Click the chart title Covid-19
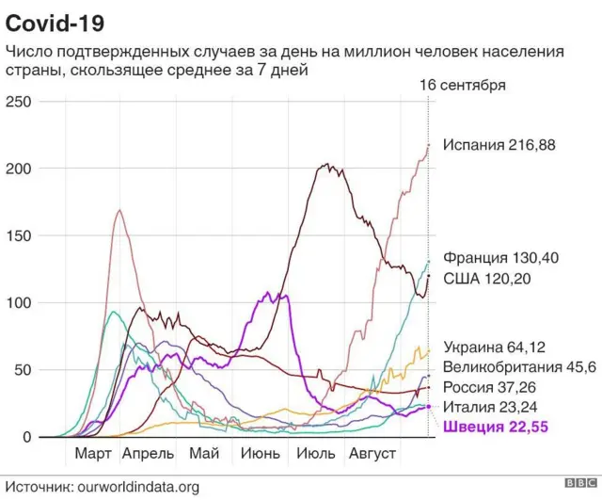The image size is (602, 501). click(55, 20)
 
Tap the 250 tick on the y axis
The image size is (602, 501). click(19, 102)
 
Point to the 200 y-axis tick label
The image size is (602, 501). click(19, 169)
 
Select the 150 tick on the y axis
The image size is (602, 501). click(19, 236)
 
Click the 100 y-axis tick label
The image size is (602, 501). click(19, 303)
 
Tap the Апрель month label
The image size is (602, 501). click(149, 454)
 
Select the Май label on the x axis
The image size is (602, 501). click(204, 454)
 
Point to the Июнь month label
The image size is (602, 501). click(261, 454)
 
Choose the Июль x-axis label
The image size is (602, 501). click(317, 454)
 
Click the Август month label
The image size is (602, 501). click(373, 454)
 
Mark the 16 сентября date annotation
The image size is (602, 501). click(462, 85)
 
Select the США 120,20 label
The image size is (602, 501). click(489, 279)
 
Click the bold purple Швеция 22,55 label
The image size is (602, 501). click(495, 428)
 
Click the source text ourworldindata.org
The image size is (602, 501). click(139, 486)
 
